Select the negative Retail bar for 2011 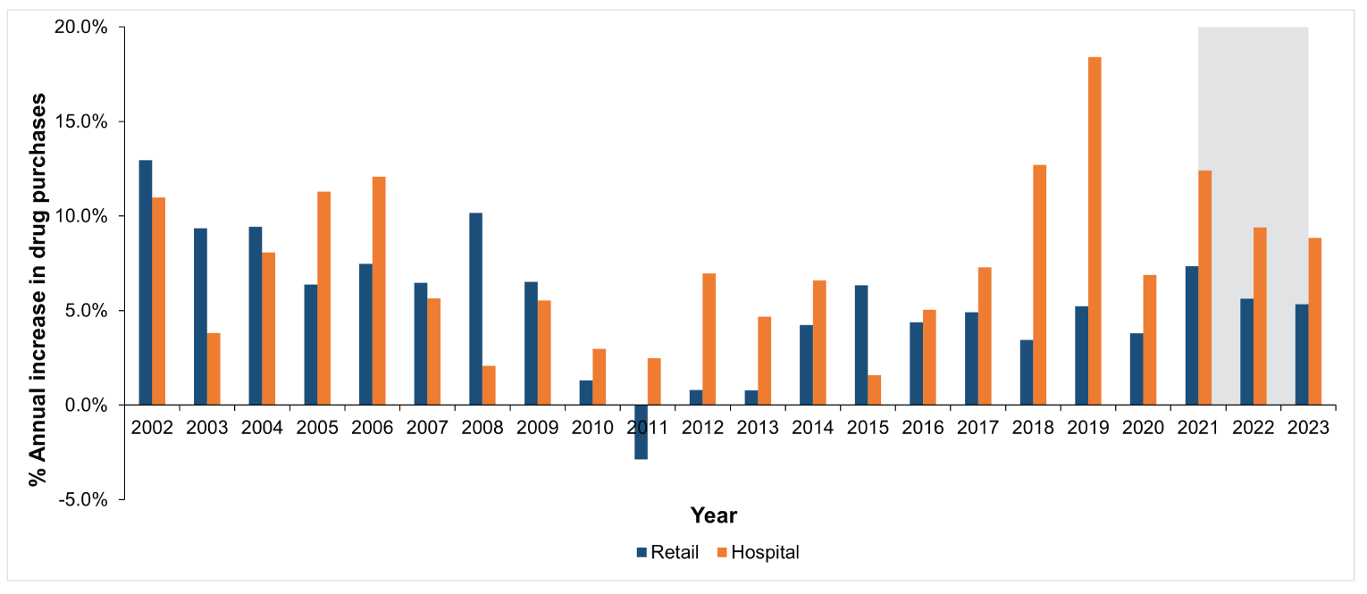click(641, 432)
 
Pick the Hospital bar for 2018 click(1039, 285)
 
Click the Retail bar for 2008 click(475, 309)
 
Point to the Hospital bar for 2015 click(874, 390)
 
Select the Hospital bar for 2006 click(379, 290)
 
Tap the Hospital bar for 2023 click(1314, 322)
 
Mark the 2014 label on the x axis click(812, 427)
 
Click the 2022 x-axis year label click(1254, 427)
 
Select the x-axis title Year click(713, 515)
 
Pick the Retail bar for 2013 click(751, 397)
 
